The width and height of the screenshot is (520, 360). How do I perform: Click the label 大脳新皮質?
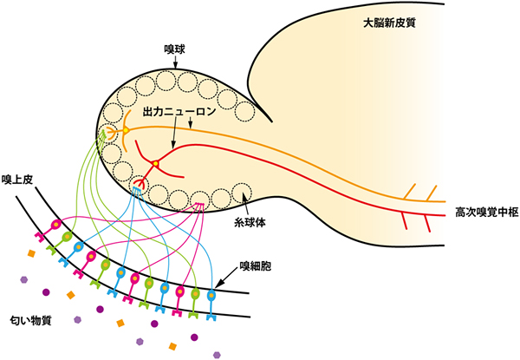tap(390, 22)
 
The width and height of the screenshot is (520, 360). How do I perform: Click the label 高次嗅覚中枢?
tap(486, 211)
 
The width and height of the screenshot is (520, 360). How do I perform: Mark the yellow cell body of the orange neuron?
tap(126, 131)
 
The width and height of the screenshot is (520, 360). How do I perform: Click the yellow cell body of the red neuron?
tap(155, 164)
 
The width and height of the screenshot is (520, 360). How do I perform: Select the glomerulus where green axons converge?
tap(109, 134)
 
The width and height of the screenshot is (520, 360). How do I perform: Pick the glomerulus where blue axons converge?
tap(139, 185)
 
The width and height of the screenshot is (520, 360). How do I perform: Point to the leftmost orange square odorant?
tap(30, 253)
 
